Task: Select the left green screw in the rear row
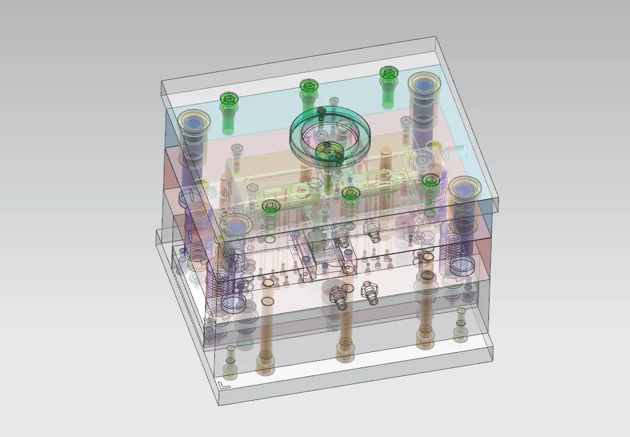point(228,101)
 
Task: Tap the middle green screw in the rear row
point(309,87)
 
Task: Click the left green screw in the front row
point(270,207)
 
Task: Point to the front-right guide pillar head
point(465,190)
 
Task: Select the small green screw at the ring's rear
point(321,112)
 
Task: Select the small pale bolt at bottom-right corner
point(460,332)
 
